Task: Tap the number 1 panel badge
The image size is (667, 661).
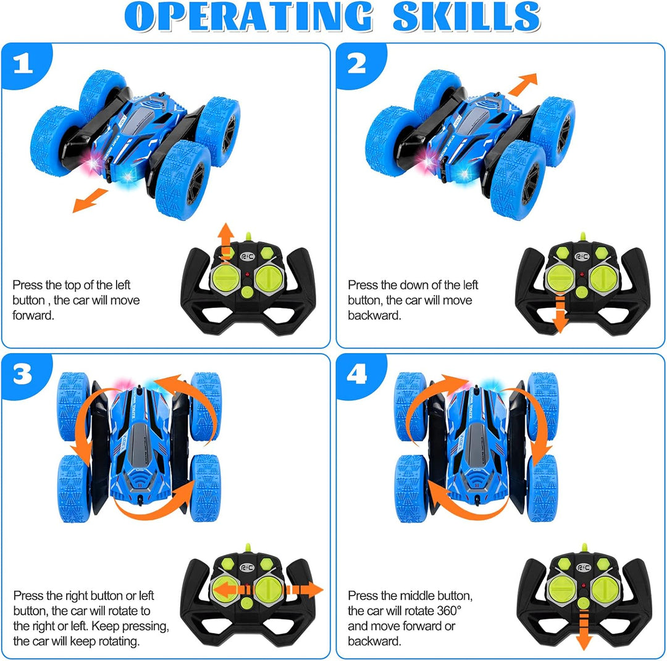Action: pyautogui.click(x=23, y=64)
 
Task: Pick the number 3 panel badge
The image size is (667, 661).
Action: pyautogui.click(x=23, y=375)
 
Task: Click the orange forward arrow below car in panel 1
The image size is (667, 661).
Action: pyautogui.click(x=90, y=200)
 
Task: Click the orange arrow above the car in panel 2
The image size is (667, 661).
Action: pyautogui.click(x=522, y=84)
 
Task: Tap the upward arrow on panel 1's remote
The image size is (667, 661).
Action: pyautogui.click(x=226, y=243)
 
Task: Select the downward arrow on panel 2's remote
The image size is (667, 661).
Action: pyautogui.click(x=560, y=314)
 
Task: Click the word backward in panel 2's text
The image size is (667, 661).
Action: pyautogui.click(x=374, y=315)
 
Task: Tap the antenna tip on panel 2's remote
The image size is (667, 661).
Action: pyautogui.click(x=583, y=235)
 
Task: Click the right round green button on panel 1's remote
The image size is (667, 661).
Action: pyautogui.click(x=268, y=278)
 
